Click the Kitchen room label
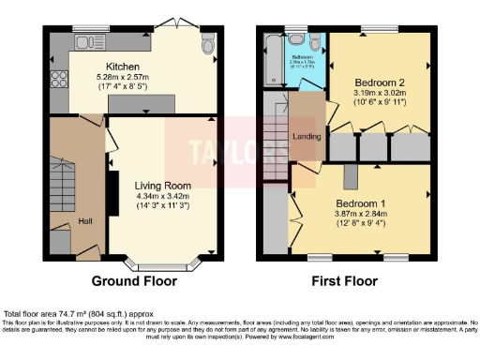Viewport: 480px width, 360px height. [x=123, y=67]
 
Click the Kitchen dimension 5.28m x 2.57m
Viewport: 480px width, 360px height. [x=123, y=78]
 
